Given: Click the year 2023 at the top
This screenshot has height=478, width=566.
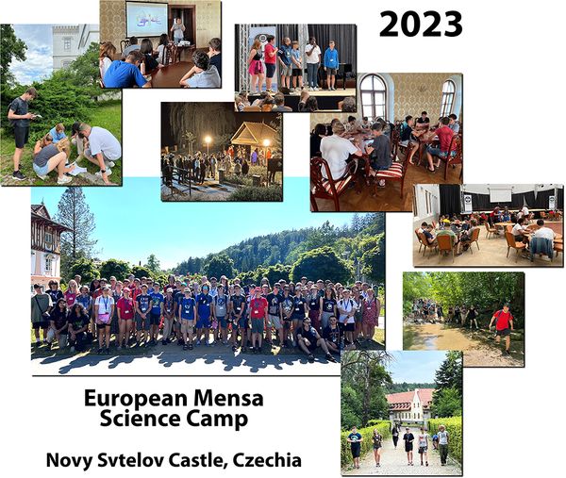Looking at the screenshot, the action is click(421, 25).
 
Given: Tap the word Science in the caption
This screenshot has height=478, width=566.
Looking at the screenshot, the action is click(140, 419).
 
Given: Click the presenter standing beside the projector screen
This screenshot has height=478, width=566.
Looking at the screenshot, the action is click(177, 29).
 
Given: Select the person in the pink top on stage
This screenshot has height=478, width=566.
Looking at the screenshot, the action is click(271, 61).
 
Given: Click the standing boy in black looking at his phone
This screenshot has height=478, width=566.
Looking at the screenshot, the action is click(21, 133).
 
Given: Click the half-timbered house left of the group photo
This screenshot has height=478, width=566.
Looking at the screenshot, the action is click(47, 244).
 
